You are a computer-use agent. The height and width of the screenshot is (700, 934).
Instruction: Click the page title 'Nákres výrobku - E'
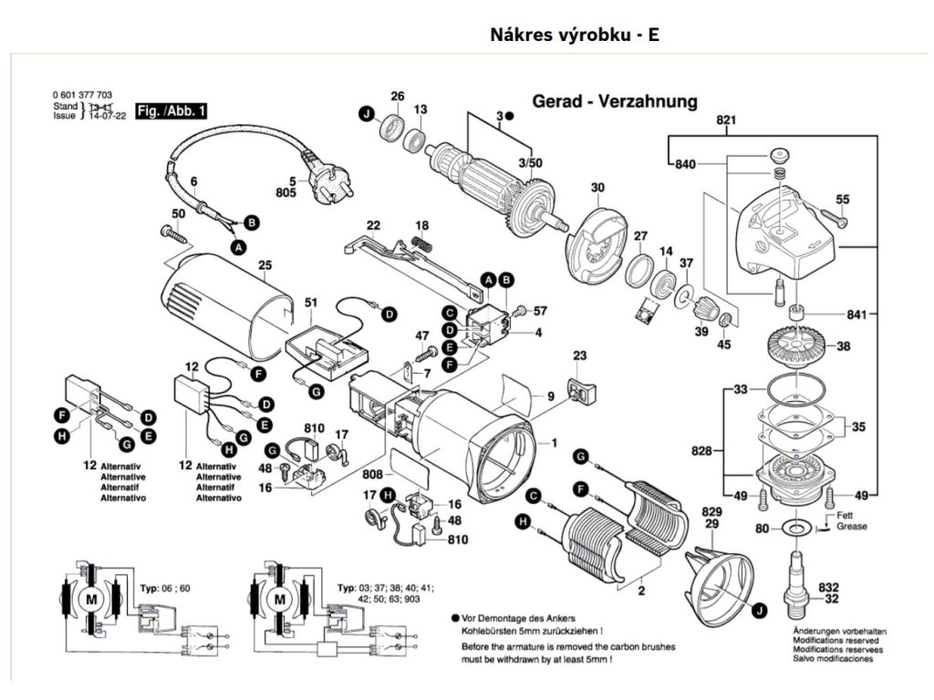pyautogui.click(x=575, y=36)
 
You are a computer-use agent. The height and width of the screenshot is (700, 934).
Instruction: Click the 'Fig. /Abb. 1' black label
pyautogui.click(x=171, y=111)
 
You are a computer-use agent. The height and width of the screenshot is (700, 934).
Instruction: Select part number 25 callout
pyautogui.click(x=265, y=266)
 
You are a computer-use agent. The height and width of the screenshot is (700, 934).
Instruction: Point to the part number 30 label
pyautogui.click(x=597, y=189)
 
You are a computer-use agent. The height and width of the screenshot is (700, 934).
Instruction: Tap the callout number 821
pyautogui.click(x=726, y=120)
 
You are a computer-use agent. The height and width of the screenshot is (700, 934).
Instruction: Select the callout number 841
pyautogui.click(x=856, y=315)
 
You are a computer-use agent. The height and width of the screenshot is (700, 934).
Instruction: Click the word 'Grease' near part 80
pyautogui.click(x=853, y=527)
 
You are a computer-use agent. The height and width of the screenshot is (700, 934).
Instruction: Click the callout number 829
pyautogui.click(x=712, y=512)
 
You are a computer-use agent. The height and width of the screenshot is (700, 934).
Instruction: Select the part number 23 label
pyautogui.click(x=579, y=355)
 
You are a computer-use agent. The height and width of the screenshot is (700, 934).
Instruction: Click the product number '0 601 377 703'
pyautogui.click(x=83, y=96)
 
